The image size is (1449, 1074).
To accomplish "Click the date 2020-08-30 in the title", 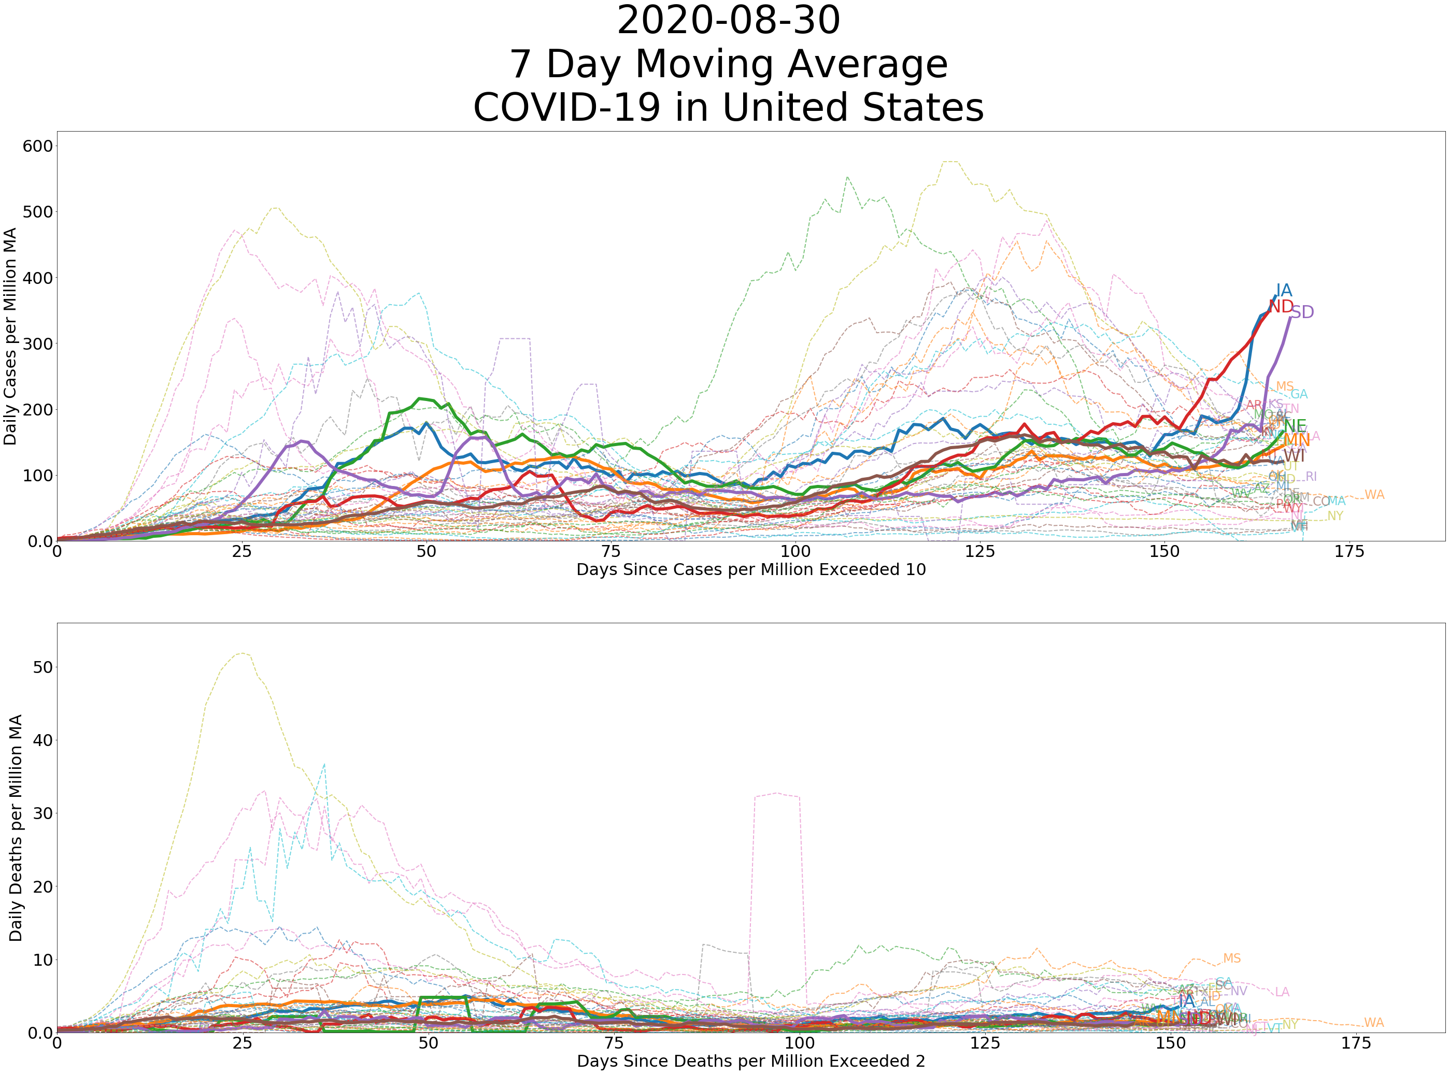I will point(729,21).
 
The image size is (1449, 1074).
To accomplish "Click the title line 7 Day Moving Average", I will point(729,64).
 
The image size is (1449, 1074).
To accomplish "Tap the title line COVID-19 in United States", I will point(729,107).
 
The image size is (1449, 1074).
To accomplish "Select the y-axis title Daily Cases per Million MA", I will point(10,336).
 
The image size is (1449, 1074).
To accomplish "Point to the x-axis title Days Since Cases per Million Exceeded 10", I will point(750,570).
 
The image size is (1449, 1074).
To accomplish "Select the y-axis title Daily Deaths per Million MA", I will point(16,827).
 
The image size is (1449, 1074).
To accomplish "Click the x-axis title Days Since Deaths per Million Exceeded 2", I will point(750,1062).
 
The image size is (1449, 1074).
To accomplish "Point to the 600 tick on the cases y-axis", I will point(37,146).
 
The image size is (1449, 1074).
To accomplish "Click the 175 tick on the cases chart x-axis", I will point(1349,552).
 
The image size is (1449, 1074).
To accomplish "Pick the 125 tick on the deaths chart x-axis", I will point(985,1043).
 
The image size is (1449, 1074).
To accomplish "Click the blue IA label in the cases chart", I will point(1283,291).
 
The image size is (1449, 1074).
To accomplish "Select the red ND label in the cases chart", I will point(1281,306).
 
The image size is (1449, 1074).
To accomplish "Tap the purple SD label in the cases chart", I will point(1301,313).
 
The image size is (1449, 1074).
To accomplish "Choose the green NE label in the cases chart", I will point(1294,426).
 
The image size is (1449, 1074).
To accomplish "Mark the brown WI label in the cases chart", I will point(1294,456).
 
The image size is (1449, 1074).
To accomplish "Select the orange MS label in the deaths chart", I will point(1231,959).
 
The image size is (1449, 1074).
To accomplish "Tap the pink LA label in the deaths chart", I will point(1281,993).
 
